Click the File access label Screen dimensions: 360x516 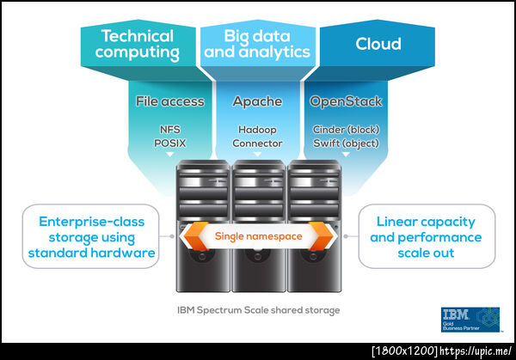170,101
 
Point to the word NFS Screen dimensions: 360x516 170,131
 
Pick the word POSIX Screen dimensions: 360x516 170,143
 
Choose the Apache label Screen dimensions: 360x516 257,101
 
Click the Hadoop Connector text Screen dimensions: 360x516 257,137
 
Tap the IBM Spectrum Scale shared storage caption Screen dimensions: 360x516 257,308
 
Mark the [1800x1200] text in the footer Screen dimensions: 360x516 405,351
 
